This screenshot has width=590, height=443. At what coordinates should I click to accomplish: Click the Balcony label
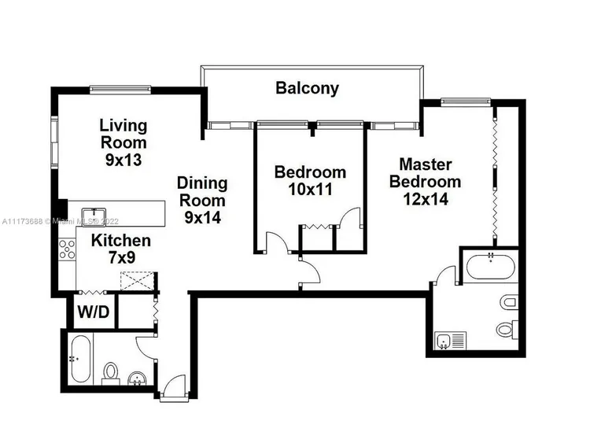tap(307, 88)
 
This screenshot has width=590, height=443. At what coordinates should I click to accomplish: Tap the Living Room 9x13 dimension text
tap(124, 160)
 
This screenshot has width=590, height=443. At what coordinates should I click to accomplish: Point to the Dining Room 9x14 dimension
tap(202, 217)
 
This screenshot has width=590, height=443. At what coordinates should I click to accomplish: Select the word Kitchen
tap(121, 241)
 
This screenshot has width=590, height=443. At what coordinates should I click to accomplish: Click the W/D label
tap(94, 312)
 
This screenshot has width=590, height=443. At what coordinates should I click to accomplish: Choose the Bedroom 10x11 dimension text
tap(310, 190)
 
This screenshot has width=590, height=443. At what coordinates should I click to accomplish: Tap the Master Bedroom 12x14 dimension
tap(426, 199)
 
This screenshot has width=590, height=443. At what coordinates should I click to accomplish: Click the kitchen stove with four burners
tap(67, 249)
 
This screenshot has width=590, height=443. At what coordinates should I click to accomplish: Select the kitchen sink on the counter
tap(94, 217)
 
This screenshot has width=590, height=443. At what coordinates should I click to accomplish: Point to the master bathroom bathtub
tap(490, 267)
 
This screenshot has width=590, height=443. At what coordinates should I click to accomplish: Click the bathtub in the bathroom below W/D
tap(80, 359)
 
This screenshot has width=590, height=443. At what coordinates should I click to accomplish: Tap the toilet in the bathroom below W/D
tap(111, 373)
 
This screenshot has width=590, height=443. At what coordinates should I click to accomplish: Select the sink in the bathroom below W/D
tap(137, 378)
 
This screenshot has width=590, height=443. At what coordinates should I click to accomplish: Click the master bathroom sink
tap(444, 341)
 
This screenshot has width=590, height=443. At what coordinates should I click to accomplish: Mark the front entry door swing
tap(174, 385)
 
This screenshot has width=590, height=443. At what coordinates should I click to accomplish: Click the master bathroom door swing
tap(444, 275)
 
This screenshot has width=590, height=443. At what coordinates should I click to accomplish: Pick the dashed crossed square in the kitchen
tap(137, 281)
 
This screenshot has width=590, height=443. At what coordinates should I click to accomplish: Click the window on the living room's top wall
tap(120, 90)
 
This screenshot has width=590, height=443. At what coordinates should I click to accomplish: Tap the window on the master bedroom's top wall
tap(466, 102)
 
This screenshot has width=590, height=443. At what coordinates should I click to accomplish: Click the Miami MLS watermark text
tap(61, 221)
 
